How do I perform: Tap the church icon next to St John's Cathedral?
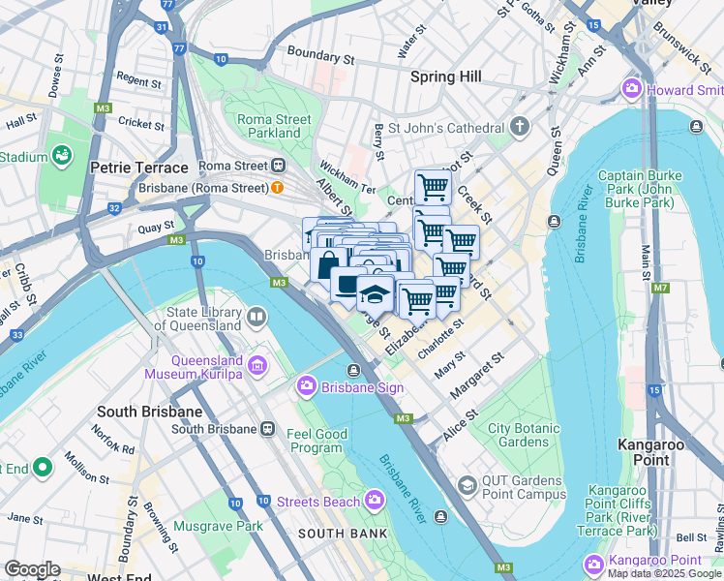(520, 127)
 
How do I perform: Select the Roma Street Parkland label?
(275, 126)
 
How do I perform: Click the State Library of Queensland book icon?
(256, 316)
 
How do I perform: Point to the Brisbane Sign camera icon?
(307, 387)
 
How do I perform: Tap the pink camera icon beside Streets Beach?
(375, 500)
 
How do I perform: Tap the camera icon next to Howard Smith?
(633, 89)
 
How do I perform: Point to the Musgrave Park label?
(218, 526)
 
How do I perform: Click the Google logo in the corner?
(31, 569)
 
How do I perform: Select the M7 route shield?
(660, 288)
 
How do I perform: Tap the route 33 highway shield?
(16, 335)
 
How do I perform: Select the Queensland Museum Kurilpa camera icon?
(257, 365)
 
